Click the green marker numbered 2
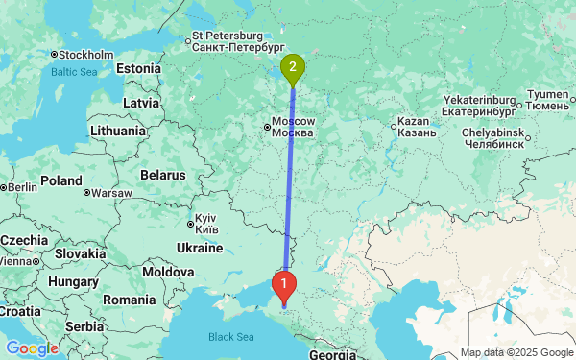[x=293, y=67]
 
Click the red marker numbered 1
[x=283, y=284]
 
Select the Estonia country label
[x=140, y=69]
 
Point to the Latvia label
[x=141, y=103]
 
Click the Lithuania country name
[x=118, y=131]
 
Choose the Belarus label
[x=160, y=176]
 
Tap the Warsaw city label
[x=112, y=193]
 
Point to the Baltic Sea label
[x=74, y=72]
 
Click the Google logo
[x=31, y=348]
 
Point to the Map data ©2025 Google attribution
[x=515, y=352]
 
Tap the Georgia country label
[x=333, y=353]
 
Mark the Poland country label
[x=61, y=180]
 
